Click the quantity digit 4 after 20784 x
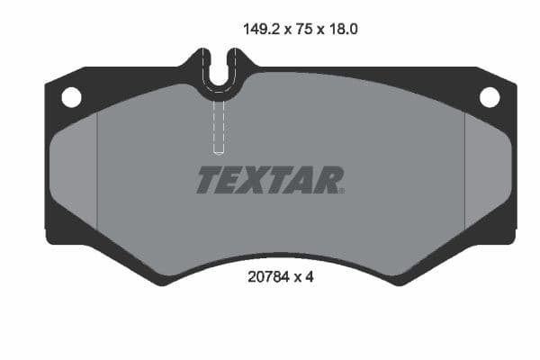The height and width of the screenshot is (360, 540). tap(309, 278)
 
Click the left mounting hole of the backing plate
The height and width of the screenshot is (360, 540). tap(71, 96)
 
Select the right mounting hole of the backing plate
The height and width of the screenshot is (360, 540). tap(490, 96)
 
